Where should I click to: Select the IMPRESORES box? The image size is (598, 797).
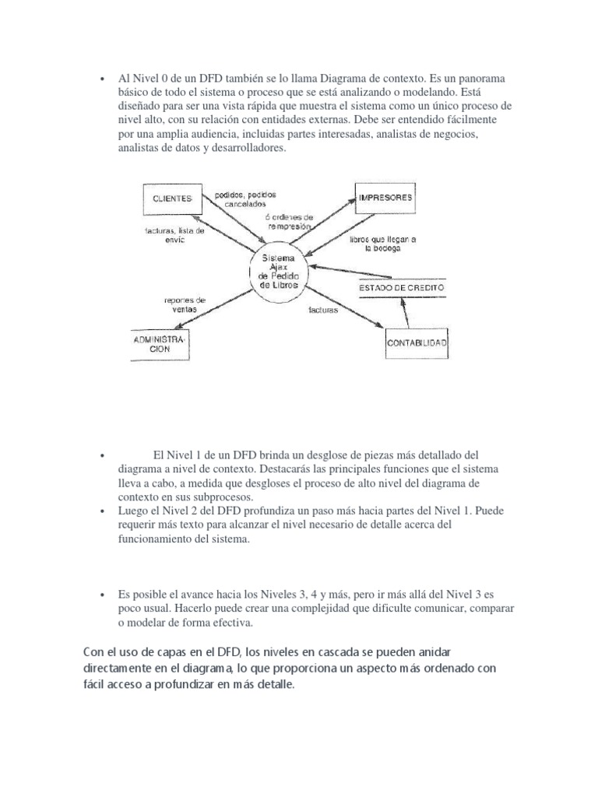tap(385, 198)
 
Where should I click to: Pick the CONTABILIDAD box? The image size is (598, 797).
tap(417, 342)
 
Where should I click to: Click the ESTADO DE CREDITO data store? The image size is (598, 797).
tap(402, 288)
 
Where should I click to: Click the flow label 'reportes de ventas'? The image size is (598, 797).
tap(185, 304)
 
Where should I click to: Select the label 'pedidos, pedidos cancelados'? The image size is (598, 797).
tap(245, 198)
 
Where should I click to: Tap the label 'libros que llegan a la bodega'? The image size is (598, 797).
tap(383, 244)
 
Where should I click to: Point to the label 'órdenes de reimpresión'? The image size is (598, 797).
tap(289, 221)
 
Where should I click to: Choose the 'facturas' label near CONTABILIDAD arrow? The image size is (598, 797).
tap(323, 309)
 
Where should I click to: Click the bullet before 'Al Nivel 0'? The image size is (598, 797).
tap(102, 79)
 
